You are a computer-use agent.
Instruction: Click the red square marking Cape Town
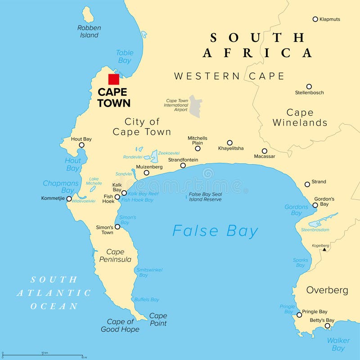click(x=114, y=79)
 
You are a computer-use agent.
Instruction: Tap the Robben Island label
click(x=89, y=31)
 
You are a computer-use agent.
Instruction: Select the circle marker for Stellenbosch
click(x=309, y=86)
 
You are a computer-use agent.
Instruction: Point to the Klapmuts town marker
click(x=315, y=19)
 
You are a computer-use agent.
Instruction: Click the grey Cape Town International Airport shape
click(x=195, y=106)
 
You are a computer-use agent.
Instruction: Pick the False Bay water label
click(x=215, y=231)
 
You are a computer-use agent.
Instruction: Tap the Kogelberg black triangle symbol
click(x=324, y=249)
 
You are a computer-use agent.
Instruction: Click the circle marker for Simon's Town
click(x=117, y=226)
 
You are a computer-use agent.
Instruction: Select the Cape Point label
click(x=158, y=319)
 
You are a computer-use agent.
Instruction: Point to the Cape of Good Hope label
click(x=120, y=325)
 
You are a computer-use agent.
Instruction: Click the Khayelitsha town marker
click(x=229, y=143)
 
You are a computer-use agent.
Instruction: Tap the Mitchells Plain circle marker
click(x=198, y=148)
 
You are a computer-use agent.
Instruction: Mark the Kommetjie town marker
click(x=69, y=198)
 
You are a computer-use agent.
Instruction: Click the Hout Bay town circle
click(x=81, y=145)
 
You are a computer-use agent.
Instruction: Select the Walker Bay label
click(x=338, y=344)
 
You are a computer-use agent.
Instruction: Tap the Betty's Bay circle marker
click(x=328, y=326)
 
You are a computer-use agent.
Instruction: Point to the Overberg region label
click(x=327, y=290)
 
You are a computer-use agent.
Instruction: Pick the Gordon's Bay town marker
click(x=315, y=205)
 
